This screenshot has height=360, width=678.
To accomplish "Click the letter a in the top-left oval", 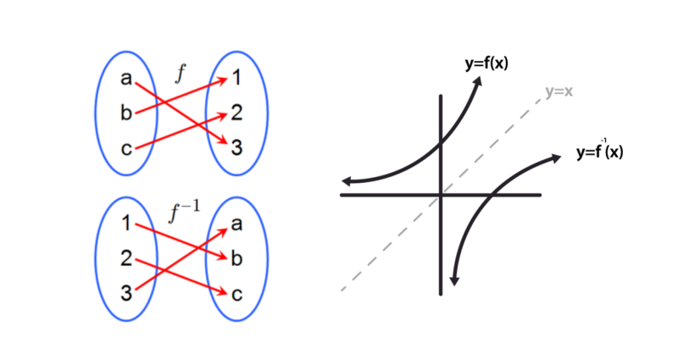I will click(126, 80).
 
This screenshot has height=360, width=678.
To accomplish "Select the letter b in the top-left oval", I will click(126, 114).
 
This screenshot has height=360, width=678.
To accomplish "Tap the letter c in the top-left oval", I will click(126, 149).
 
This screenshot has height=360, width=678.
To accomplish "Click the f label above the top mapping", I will click(179, 74).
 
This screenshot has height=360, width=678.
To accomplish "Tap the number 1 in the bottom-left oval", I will click(125, 224).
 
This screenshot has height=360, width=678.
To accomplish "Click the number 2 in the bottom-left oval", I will click(125, 259).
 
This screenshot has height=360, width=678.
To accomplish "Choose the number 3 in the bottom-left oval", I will click(125, 294).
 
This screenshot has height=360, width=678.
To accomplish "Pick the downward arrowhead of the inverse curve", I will click(455, 279).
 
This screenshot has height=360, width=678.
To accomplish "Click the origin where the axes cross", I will click(441, 195).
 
